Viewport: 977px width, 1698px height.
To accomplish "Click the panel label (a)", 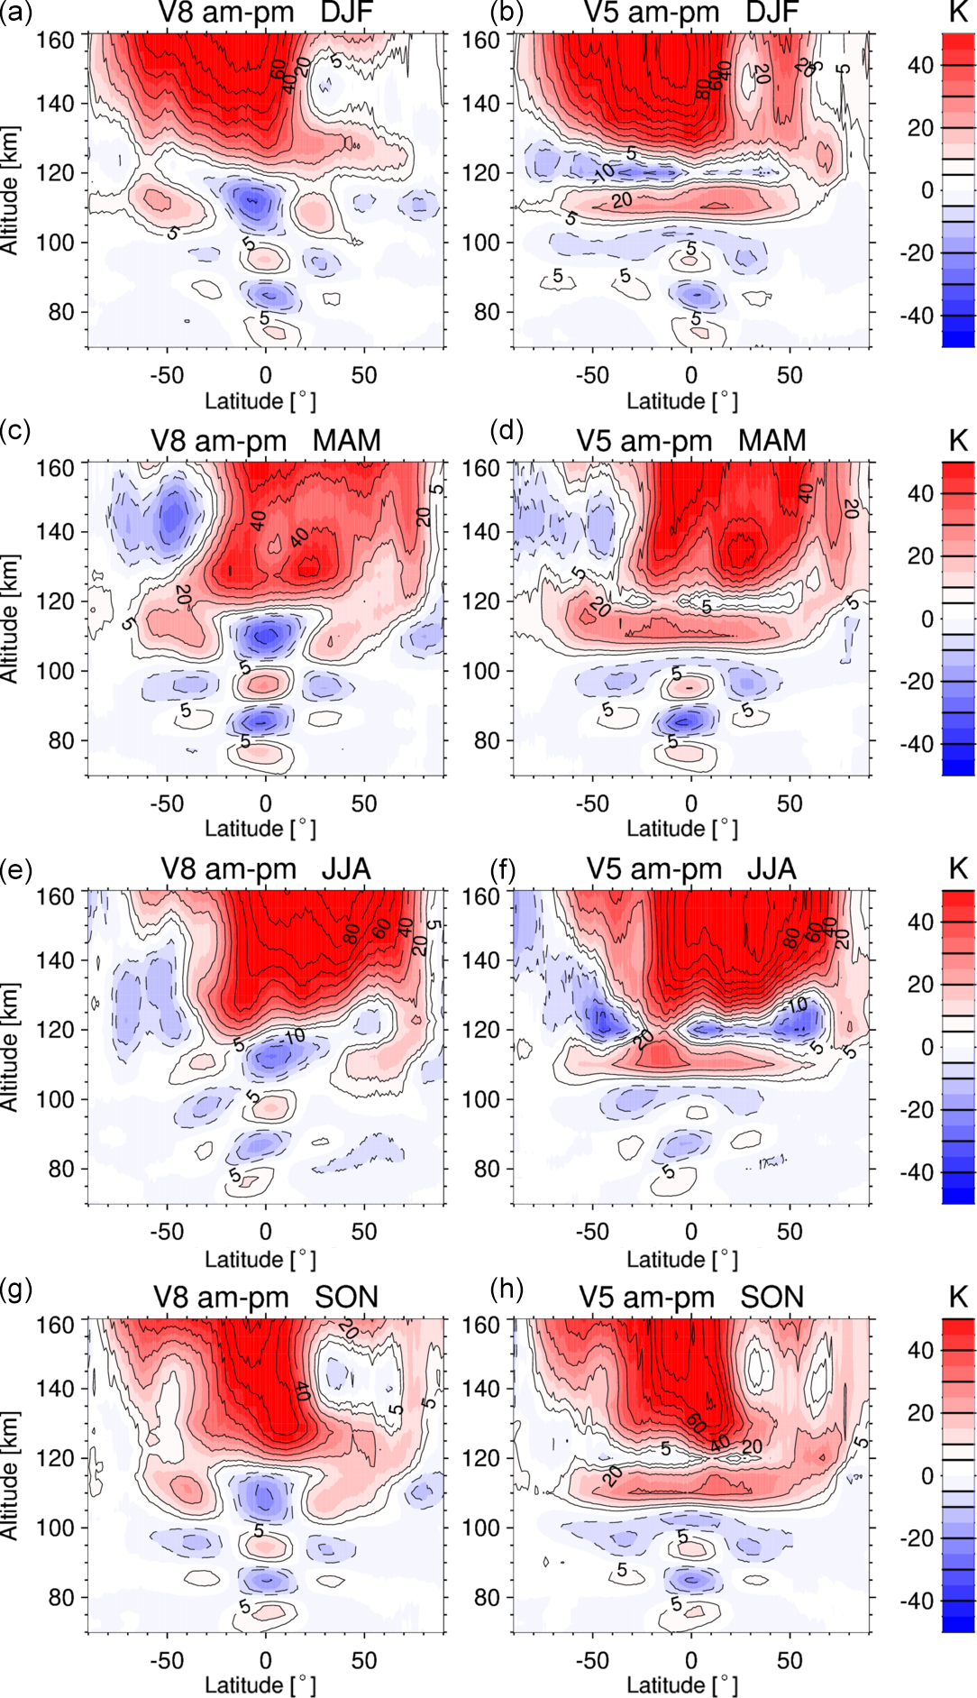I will click(15, 14).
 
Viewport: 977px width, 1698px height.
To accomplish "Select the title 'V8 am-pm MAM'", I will click(265, 441).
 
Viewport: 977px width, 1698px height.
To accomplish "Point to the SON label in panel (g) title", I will click(346, 1298).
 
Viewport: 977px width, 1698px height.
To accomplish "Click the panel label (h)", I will click(507, 1290).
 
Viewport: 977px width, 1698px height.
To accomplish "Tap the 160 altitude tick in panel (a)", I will click(55, 41).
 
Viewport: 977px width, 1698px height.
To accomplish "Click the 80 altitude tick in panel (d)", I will click(487, 740).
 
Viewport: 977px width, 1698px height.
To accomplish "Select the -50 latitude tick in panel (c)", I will click(166, 803).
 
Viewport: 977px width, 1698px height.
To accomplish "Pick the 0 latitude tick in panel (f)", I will click(690, 1232).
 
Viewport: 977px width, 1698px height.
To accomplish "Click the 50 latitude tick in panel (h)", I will click(790, 1660).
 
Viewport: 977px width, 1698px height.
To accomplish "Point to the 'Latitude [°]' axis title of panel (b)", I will click(681, 401).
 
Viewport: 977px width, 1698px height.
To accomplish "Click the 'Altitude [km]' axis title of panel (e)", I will click(11, 1046).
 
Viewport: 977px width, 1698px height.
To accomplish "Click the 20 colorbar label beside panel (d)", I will click(920, 556).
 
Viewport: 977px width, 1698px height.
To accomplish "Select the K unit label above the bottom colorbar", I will click(957, 1298).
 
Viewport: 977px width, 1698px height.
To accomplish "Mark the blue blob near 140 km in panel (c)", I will click(171, 517).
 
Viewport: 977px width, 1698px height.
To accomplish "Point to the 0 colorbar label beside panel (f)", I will click(927, 1048).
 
